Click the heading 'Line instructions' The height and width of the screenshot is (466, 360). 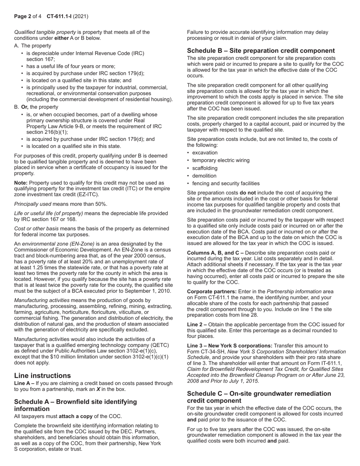42,375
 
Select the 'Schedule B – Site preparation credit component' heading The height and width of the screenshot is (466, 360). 261,51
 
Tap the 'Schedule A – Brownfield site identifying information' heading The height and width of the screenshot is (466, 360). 75,405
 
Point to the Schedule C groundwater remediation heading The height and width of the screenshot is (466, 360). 259,397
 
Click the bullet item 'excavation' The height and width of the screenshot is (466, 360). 205,153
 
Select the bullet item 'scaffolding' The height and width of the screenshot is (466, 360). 205,168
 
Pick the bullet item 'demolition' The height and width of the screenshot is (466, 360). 204,176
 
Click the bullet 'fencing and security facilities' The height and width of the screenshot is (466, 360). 226,183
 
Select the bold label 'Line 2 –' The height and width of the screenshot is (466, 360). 197,325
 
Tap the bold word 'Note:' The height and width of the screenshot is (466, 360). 21,183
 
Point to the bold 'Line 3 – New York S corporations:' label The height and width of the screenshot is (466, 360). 230,346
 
